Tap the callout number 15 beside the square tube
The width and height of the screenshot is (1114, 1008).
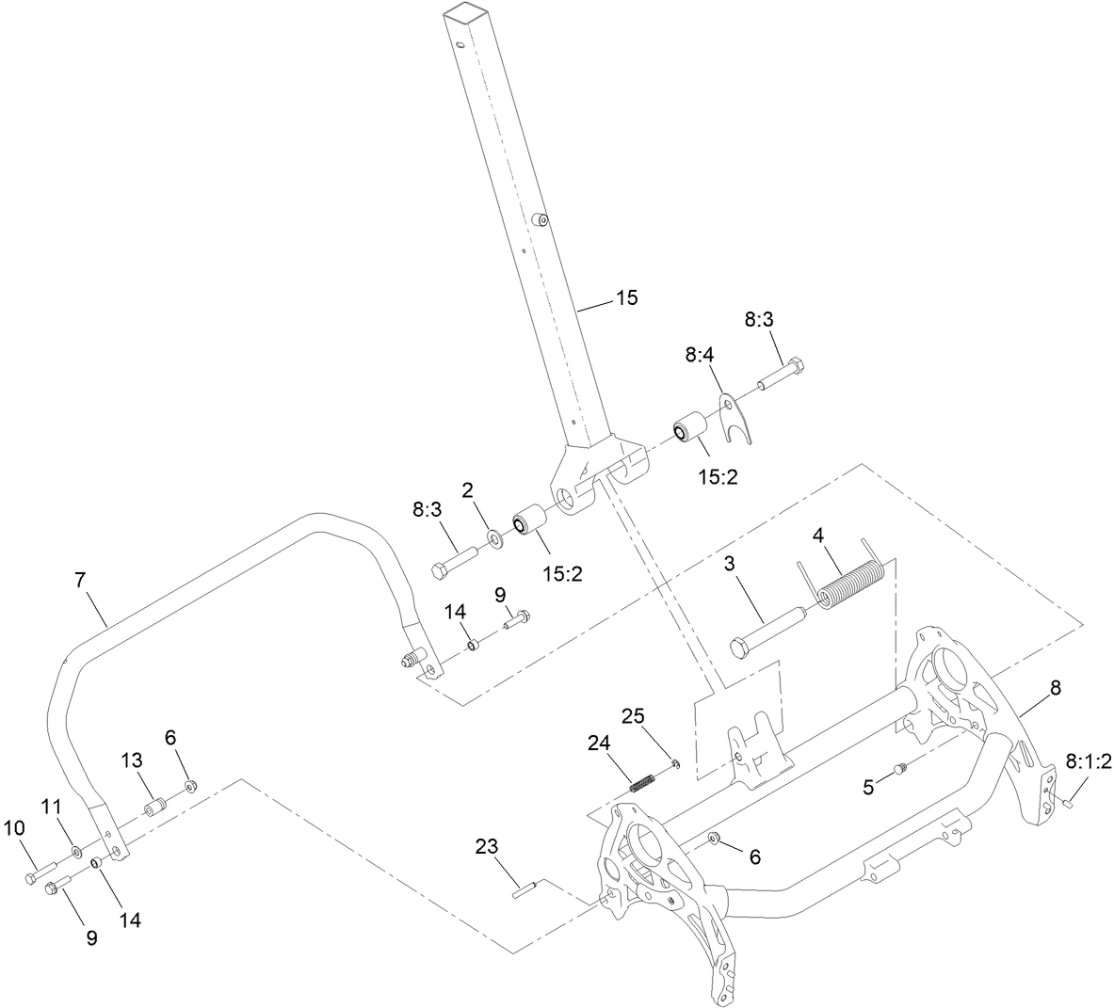coord(626,298)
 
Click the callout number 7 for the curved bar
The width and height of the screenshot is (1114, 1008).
coord(80,581)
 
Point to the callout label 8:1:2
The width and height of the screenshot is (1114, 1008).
coord(1089,761)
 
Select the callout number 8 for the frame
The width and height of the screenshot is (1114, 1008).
coord(1055,688)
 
